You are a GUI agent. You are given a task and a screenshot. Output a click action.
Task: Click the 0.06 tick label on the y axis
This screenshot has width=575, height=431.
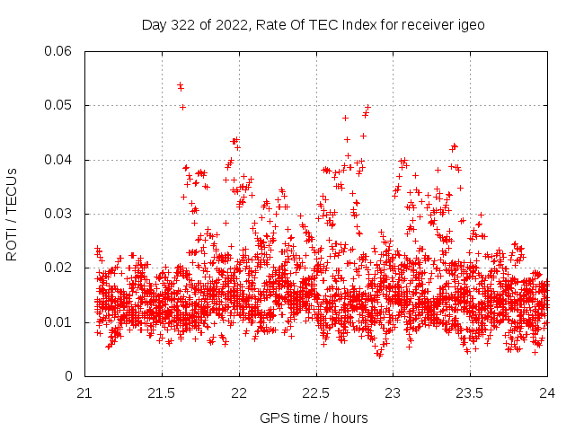coord(59,51)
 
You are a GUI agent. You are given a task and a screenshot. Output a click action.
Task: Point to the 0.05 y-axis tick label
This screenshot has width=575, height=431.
coord(59,105)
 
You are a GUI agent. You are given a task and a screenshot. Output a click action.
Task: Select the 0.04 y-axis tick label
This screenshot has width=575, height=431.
coord(59,160)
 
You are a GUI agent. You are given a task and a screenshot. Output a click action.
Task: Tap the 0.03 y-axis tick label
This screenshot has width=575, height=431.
coord(59,214)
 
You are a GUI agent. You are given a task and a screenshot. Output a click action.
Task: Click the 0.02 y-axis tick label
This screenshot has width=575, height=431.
coord(59,268)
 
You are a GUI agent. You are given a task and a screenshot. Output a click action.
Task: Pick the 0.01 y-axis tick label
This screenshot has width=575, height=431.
coord(59,321)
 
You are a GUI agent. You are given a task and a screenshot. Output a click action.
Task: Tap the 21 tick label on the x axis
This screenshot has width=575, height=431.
coord(84,393)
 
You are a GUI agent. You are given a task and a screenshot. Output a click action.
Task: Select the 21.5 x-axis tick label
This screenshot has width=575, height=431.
coord(162,393)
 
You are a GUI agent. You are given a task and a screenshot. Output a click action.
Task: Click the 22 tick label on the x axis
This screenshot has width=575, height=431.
coord(239,393)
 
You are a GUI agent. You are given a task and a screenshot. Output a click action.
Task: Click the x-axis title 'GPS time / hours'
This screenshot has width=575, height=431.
coord(314,418)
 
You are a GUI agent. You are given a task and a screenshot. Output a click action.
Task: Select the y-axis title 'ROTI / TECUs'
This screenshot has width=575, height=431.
coord(12,214)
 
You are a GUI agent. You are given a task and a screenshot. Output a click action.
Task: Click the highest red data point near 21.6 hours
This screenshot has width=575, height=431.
coord(180,85)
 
